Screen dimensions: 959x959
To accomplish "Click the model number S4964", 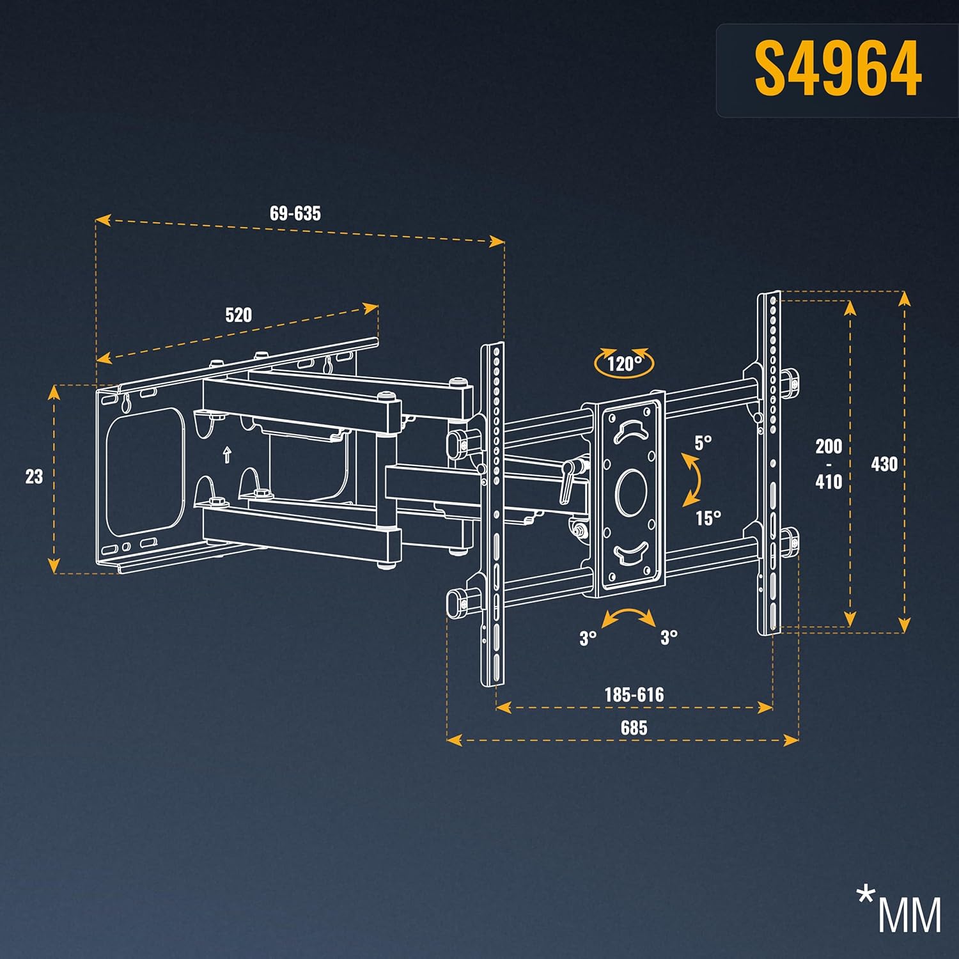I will click(838, 68).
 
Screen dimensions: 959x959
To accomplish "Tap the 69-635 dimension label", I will click(295, 214).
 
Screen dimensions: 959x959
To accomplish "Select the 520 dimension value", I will click(238, 315).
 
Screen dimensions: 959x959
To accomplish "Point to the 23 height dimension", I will click(34, 476).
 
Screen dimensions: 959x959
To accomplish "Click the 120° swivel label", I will click(623, 364).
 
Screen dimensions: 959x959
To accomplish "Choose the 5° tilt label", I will click(703, 442).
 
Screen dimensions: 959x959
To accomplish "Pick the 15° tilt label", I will click(708, 517).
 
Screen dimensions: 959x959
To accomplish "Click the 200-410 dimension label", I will click(829, 464).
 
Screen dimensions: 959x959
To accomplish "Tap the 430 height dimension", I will click(884, 464).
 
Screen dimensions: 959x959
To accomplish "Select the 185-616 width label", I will click(634, 694).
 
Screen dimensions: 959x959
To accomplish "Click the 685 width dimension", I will click(634, 728).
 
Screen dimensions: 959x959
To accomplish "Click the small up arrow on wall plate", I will click(226, 455).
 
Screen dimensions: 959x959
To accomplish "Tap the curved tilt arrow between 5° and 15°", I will click(690, 479).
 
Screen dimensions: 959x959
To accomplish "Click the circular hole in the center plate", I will click(630, 492).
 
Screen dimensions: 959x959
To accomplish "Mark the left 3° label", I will click(588, 637).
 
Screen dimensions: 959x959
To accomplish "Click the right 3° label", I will click(669, 637).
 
